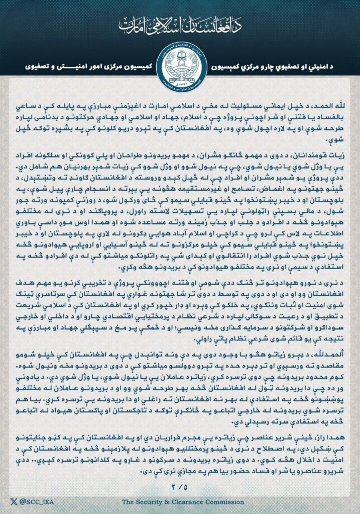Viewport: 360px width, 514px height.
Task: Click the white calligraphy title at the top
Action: (x=180, y=24)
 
